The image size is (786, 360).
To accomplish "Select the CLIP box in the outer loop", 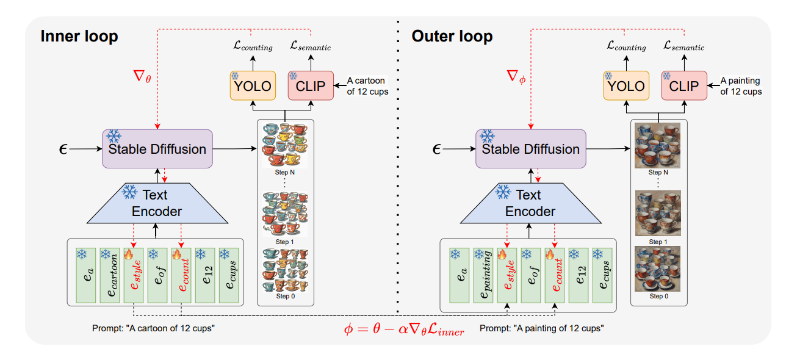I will pos(684,86).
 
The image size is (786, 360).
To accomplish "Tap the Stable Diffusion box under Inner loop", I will pos(157,148).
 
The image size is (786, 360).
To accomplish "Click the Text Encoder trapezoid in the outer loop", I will pos(528,203).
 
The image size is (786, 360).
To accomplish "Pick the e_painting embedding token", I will pos(483,275).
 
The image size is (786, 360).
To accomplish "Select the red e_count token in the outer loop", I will pos(555,275).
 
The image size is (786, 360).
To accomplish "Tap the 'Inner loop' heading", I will pos(79,37).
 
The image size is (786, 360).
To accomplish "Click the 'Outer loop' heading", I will pos(452,37).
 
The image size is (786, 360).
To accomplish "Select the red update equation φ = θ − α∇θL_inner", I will pos(404,331).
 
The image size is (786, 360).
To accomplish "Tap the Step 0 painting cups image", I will pos(657,268).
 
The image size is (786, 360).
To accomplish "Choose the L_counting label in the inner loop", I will pos(253,46).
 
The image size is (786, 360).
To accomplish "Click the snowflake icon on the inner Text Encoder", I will pos(129,193).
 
